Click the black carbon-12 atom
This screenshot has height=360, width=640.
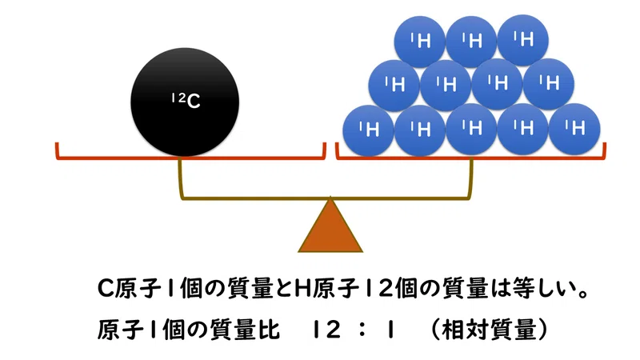[x=185, y=102]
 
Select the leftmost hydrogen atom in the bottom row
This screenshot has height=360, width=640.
[x=368, y=130]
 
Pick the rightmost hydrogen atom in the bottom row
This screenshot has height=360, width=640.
[x=574, y=130]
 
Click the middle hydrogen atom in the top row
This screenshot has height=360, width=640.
[x=471, y=42]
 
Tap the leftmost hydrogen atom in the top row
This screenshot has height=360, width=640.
[x=419, y=42]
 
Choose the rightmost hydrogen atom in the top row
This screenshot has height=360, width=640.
[x=523, y=41]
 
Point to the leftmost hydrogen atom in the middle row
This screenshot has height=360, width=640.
[x=394, y=86]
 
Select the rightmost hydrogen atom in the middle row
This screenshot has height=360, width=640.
[x=549, y=85]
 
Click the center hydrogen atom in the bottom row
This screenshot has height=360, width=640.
[x=471, y=129]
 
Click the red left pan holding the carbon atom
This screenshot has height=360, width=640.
[x=190, y=157]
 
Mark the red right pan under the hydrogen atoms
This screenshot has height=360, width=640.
[x=470, y=157]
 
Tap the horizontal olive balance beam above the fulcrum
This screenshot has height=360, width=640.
[x=326, y=198]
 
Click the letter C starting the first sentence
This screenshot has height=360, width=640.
[x=105, y=289]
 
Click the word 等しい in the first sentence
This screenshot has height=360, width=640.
[x=543, y=288]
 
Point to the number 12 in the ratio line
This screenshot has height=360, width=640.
[x=326, y=330]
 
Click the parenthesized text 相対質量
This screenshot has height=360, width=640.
[x=489, y=330]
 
